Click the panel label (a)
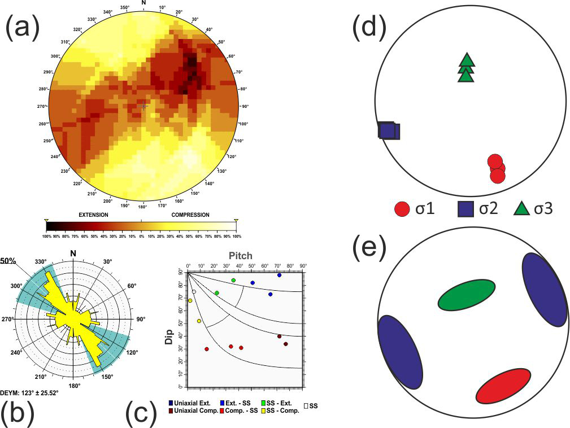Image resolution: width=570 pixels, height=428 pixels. click(x=23, y=28)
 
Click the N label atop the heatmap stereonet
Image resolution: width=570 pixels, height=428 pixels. click(x=143, y=3)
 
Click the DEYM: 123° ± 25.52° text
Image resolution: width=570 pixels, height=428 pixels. click(x=32, y=393)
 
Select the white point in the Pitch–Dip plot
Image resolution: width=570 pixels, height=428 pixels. click(x=194, y=292)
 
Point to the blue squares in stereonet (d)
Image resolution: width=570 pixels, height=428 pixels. click(x=389, y=131)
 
